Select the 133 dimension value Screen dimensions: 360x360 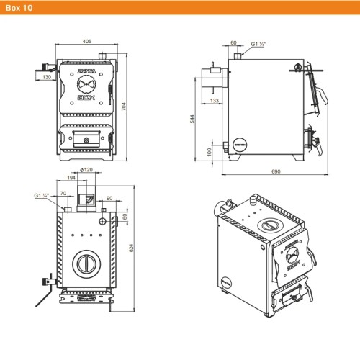[215, 101]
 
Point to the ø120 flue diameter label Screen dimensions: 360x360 [86, 170]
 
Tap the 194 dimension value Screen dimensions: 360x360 [72, 176]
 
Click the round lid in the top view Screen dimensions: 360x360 [86, 262]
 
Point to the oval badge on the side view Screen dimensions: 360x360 [238, 143]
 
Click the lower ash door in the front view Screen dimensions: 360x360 [86, 135]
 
